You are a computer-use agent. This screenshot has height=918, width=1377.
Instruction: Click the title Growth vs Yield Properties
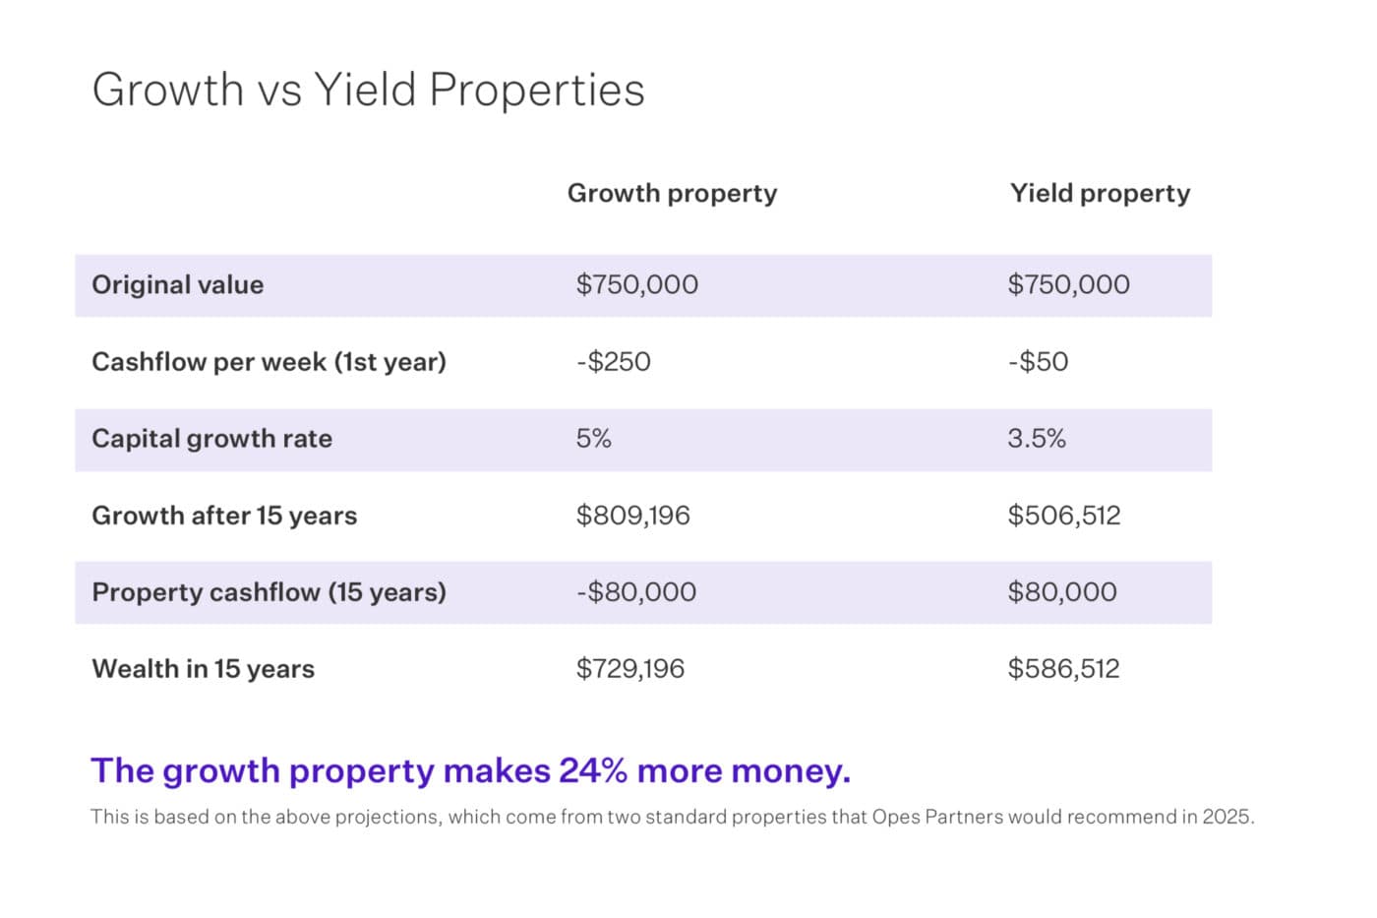(368, 90)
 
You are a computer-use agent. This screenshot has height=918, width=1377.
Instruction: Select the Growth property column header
(672, 193)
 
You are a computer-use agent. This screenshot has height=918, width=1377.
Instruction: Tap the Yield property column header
(1100, 193)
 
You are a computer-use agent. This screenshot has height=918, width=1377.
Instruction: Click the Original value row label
(177, 285)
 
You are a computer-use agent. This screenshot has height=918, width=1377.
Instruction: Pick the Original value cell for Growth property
(636, 285)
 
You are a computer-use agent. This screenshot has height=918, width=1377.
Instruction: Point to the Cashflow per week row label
(269, 362)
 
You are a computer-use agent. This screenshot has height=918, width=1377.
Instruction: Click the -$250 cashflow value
(613, 362)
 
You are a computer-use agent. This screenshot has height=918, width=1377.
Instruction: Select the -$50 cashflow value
(1038, 362)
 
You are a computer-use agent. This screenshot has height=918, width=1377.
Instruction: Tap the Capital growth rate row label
(211, 439)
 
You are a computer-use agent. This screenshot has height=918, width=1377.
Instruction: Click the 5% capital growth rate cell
(593, 439)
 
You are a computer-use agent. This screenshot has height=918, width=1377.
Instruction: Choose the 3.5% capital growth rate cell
(1036, 439)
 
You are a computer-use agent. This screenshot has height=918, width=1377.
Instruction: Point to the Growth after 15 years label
(224, 516)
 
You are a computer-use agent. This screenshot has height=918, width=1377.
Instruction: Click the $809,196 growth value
(632, 516)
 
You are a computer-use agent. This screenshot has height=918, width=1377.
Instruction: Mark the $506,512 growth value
(1063, 516)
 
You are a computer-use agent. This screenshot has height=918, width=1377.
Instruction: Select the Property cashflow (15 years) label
(269, 592)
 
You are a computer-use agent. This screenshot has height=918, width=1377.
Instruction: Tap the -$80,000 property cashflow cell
(635, 592)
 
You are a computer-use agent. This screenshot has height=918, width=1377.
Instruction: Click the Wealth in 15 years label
(203, 669)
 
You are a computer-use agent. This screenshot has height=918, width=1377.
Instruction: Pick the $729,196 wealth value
(629, 669)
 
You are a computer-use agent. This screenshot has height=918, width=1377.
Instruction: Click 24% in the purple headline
(593, 770)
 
